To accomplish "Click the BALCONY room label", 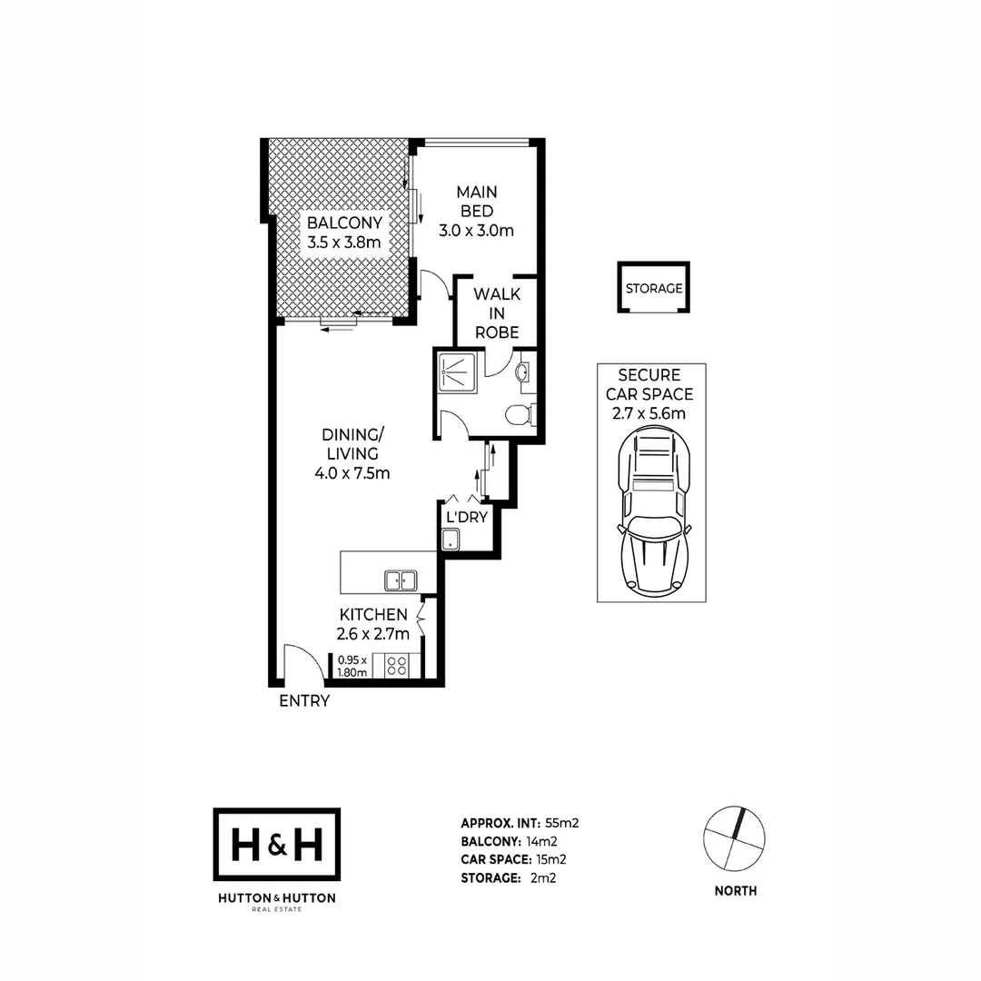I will point(343,232).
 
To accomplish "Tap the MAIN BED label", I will point(476,211).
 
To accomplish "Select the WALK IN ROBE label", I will point(496,313).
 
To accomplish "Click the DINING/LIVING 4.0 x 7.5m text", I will point(352,453).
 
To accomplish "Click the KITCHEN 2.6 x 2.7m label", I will point(373,624).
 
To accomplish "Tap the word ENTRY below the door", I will point(303,701).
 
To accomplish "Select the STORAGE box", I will point(653,288).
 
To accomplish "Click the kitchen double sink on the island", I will point(400,580).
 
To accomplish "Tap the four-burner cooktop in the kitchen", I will point(397,665).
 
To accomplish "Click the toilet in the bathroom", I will point(518,415).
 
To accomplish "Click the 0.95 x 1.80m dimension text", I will point(352,667).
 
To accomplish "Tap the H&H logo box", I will point(276,845).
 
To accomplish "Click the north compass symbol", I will point(735,837).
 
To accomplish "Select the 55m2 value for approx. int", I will point(561,823).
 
